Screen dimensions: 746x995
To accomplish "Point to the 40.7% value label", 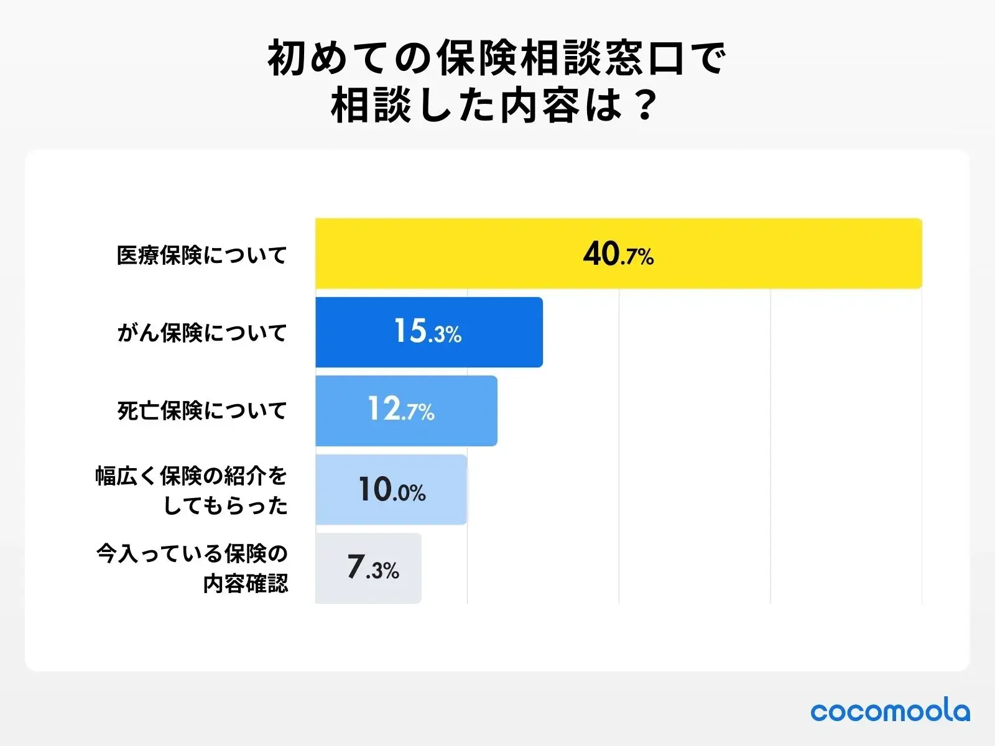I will pos(618,254).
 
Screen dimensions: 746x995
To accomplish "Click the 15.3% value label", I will pos(428,332).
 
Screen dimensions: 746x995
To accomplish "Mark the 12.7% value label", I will pos(401,410).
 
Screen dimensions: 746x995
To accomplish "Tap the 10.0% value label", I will pos(392,490).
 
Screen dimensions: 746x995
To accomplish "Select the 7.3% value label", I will pos(373,568).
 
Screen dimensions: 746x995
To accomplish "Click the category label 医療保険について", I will pos(201,255).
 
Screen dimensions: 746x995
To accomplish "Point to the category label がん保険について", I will pos(201,333).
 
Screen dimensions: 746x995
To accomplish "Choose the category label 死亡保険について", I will pos(201,410).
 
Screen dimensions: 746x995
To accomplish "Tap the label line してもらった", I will pos(225,505).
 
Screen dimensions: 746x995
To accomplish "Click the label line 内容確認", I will pos(246,584).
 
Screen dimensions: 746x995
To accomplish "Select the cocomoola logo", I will pos(890,711).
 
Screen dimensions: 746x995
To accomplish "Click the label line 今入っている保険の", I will pos(192,553).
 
